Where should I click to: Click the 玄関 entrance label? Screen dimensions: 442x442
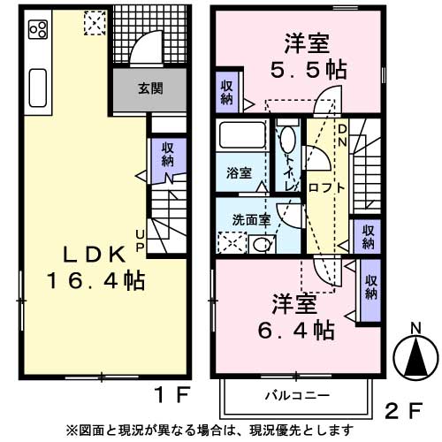tap(149, 88)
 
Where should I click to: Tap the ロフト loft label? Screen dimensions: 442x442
tap(326, 188)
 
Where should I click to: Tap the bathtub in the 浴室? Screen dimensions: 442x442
tap(241, 137)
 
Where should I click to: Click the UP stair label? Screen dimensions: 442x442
tap(140, 240)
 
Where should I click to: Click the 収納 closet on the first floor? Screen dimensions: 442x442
tap(168, 156)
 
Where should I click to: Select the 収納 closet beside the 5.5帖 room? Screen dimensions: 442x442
tap(228, 90)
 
